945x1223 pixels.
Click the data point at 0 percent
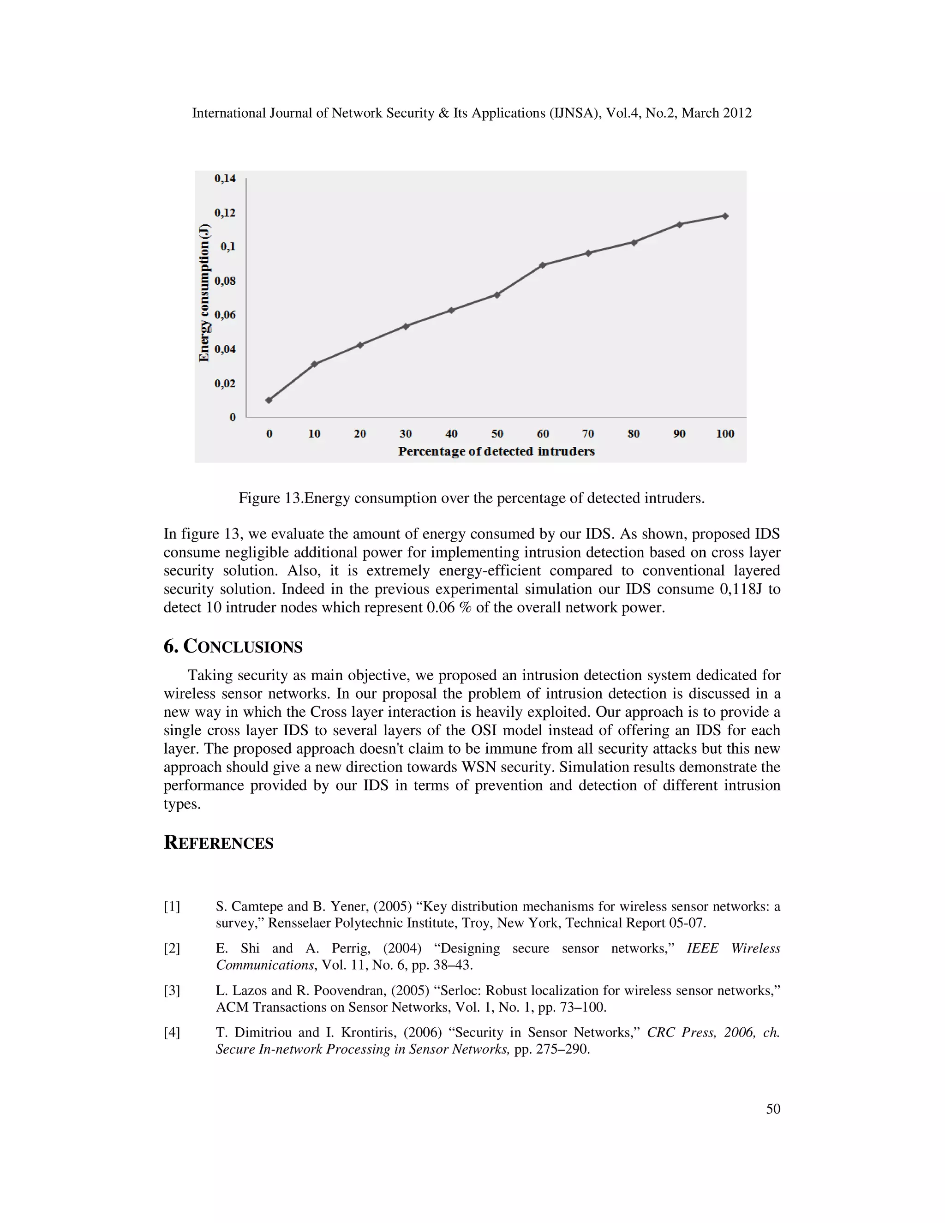269,400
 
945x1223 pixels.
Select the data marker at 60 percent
543,265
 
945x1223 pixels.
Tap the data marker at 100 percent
725,216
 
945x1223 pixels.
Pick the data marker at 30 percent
406,326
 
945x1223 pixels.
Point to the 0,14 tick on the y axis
225,179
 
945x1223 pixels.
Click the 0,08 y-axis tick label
225,281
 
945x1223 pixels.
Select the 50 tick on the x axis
497,433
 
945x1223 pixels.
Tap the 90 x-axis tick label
679,433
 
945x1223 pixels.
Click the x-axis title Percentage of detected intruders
496,451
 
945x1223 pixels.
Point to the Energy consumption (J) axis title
204,292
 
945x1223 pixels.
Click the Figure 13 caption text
472,498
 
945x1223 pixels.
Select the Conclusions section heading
233,646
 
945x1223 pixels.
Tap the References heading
218,843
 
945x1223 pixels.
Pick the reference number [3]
172,990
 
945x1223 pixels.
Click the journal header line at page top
472,113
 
